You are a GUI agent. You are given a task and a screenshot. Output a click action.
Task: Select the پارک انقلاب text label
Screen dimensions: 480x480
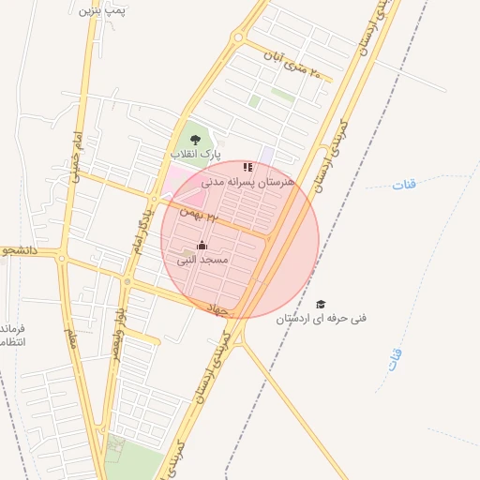click(195, 151)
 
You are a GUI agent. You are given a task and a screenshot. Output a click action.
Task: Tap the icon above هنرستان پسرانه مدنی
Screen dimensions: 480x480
click(247, 167)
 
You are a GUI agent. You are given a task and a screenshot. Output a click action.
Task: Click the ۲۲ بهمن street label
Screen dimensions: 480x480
click(199, 215)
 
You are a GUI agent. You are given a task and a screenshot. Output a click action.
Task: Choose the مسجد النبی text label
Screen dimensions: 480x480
click(202, 259)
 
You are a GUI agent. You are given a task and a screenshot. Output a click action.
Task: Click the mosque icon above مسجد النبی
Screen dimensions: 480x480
click(202, 246)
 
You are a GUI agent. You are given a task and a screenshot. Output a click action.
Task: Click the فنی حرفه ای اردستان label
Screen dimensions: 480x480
click(322, 319)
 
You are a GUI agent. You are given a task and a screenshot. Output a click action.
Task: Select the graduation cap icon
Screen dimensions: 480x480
click(321, 305)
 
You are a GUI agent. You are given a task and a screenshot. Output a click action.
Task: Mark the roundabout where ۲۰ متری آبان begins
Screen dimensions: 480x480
click(238, 39)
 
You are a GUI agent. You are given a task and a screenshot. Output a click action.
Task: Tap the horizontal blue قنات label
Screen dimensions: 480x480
click(404, 184)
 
